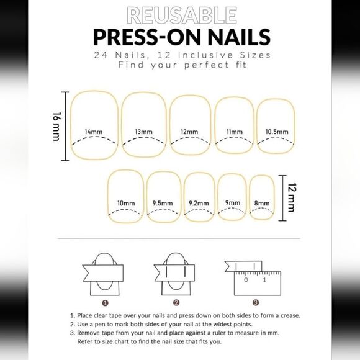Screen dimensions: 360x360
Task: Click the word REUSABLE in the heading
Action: point(179,14)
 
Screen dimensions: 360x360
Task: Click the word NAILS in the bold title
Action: point(232,36)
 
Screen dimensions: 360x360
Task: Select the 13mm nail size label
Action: point(143,132)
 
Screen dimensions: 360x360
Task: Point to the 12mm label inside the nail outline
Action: point(189,132)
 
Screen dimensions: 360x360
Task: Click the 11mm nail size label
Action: point(234,132)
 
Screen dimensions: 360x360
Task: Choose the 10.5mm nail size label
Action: point(276,132)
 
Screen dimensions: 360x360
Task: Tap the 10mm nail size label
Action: point(126,203)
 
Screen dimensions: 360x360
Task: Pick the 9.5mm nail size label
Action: point(163,203)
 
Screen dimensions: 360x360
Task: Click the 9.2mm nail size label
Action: point(199,203)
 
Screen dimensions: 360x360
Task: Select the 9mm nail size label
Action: point(232,203)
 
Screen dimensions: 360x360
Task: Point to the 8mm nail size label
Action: point(262,203)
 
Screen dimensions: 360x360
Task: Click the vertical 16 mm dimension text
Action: point(57,126)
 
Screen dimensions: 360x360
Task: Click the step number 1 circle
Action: point(106,303)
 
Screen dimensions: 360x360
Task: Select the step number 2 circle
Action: point(176,303)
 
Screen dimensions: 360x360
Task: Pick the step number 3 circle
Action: point(255,303)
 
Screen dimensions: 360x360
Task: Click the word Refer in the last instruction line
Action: point(86,341)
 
